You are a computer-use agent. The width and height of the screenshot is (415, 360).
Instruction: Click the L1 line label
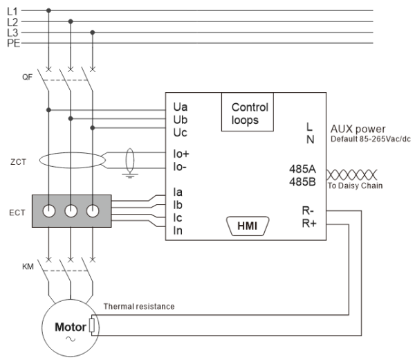pos(11,11)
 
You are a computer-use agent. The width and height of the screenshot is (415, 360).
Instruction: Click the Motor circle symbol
pos(70,326)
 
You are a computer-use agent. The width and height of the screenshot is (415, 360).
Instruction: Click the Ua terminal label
pos(180,108)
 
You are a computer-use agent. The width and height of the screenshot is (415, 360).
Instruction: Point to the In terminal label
pos(178,229)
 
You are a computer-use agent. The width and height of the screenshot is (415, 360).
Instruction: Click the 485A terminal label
pos(302,168)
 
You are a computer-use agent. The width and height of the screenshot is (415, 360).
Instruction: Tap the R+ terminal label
pos(308,224)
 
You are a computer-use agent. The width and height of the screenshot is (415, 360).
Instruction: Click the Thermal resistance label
pos(138,306)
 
